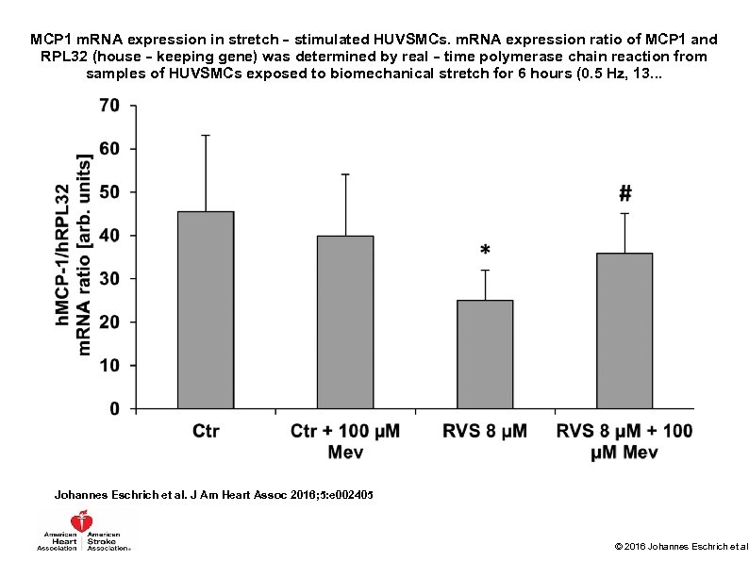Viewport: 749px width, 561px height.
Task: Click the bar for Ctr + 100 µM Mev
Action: [x=345, y=322]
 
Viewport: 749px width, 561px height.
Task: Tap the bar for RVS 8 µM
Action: [x=485, y=354]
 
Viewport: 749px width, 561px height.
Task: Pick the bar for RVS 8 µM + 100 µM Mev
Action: [x=624, y=330]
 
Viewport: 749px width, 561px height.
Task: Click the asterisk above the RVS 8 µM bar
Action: [x=485, y=252]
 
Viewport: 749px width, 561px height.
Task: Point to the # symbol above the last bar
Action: [x=624, y=194]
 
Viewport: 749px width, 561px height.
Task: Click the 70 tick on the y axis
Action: [x=109, y=106]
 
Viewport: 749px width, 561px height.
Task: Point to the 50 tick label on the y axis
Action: [x=109, y=192]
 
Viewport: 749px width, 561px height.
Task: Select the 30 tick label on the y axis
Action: [x=109, y=279]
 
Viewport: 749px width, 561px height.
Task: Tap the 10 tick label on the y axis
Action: [x=109, y=365]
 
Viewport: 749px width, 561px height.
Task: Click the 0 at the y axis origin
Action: [x=115, y=408]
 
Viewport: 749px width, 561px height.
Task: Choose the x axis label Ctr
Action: [x=206, y=432]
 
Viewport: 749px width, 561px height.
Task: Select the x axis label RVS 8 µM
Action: [x=485, y=432]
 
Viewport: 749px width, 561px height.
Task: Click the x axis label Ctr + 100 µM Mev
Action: [x=345, y=441]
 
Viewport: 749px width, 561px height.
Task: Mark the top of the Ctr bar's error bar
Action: [x=206, y=135]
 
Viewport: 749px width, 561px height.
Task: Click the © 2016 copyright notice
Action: [x=680, y=546]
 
